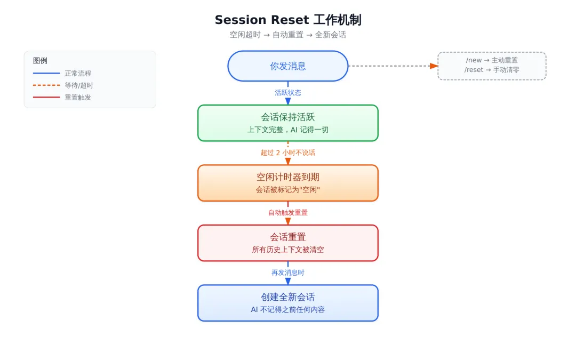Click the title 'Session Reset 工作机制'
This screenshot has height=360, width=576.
pos(288,20)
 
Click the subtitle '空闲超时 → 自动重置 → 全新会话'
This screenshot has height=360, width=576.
pos(288,35)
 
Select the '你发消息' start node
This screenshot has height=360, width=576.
pos(288,66)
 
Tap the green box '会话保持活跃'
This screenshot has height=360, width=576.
pos(288,123)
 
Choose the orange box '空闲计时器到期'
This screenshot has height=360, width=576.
pos(288,183)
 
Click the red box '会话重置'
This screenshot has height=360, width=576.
pos(288,243)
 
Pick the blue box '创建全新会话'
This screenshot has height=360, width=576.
pos(288,303)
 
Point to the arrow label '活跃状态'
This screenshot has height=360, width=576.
pos(288,93)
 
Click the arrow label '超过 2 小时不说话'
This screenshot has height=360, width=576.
pos(288,153)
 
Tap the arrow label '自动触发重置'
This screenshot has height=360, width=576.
pos(288,212)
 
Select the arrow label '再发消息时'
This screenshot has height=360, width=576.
pos(288,273)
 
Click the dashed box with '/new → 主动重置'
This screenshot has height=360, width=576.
pos(492,66)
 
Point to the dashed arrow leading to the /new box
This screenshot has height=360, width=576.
pos(393,66)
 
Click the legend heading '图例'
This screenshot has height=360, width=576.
pos(40,61)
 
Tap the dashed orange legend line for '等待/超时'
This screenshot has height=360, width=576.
pos(46,85)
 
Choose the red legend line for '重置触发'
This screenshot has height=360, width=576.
pos(46,98)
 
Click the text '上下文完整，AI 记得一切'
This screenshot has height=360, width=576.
pos(288,130)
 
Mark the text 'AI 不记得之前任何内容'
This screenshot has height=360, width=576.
pos(288,310)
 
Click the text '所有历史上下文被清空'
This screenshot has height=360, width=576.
pos(288,250)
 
